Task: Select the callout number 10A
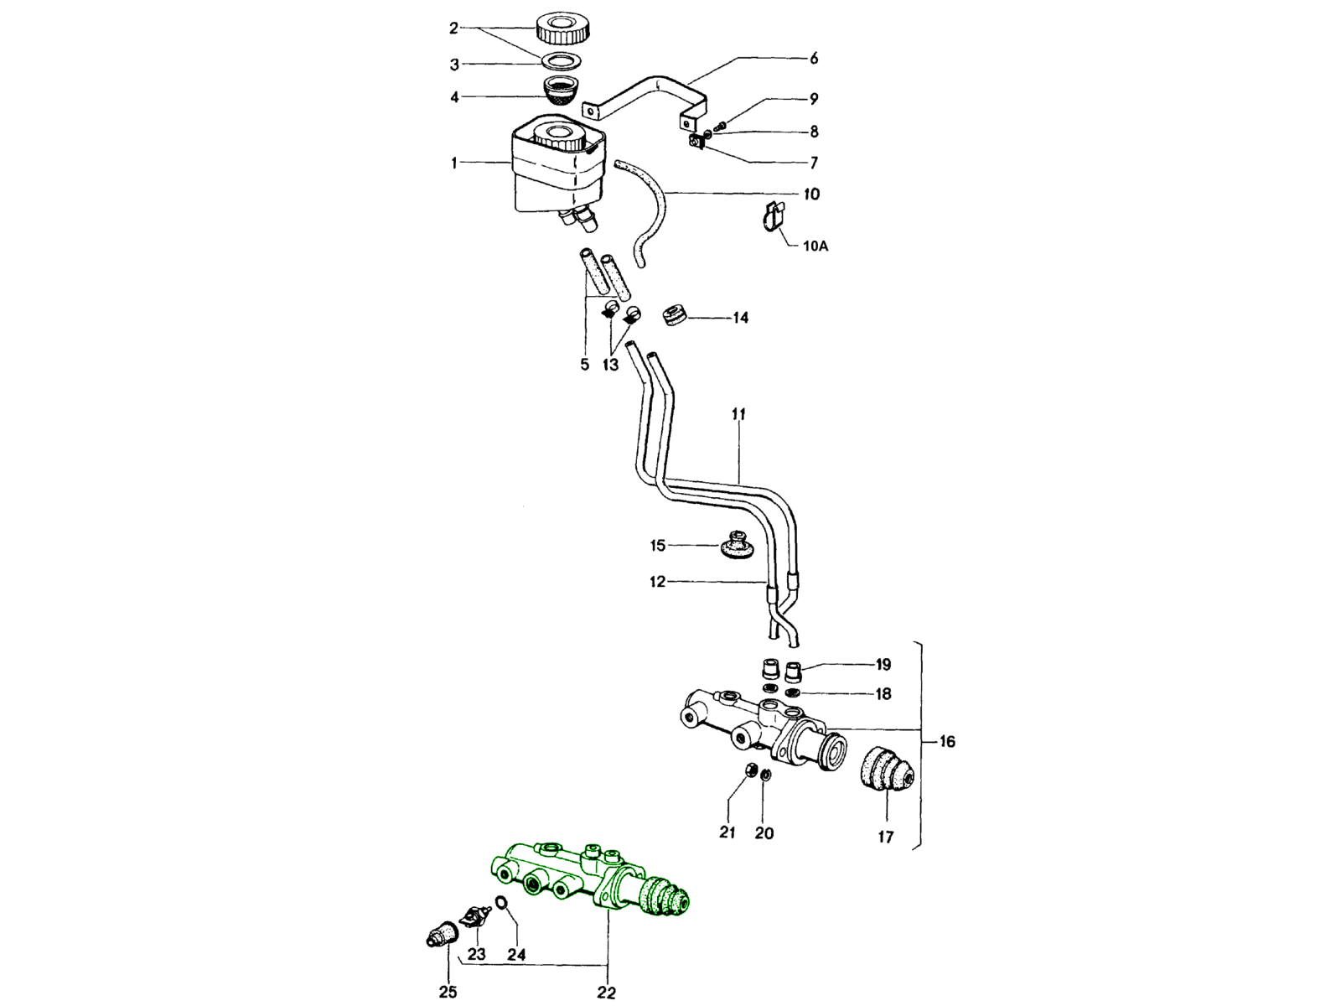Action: coord(815,246)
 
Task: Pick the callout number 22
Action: coord(606,993)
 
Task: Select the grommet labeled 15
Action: coord(738,545)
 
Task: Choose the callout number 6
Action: coord(814,59)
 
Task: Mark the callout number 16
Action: coord(946,742)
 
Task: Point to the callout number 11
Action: coord(738,415)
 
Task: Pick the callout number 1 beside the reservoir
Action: coord(454,163)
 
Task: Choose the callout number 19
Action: coord(883,665)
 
